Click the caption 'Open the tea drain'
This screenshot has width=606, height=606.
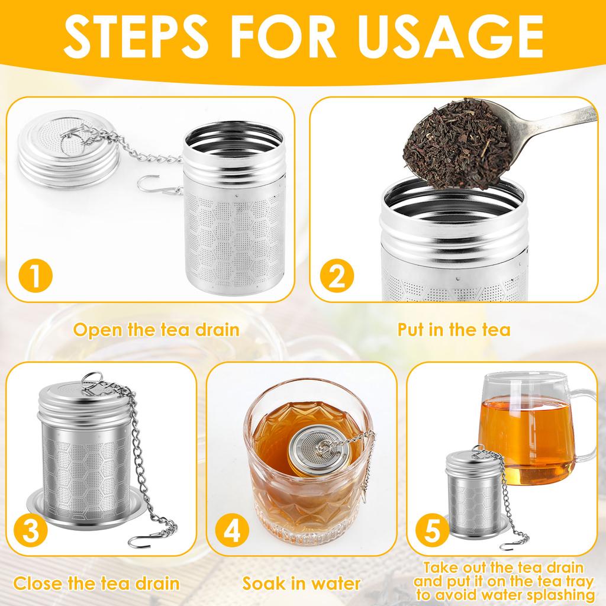[x=156, y=330]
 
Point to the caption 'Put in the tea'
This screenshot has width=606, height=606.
[x=454, y=330]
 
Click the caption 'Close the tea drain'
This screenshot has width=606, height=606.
[x=97, y=584]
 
